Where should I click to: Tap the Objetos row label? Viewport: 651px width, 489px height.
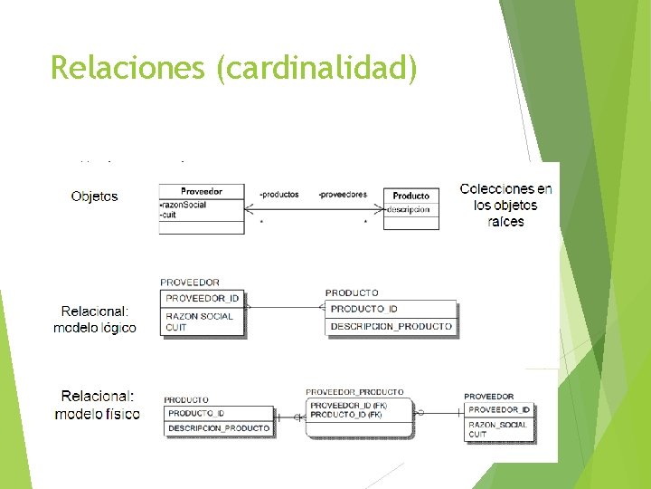tap(94, 197)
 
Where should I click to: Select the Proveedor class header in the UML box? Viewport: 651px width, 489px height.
tap(201, 191)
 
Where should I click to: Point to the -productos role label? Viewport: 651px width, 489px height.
tap(278, 195)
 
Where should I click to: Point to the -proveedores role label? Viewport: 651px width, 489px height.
tap(343, 195)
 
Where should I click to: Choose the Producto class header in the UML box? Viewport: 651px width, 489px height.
tap(411, 196)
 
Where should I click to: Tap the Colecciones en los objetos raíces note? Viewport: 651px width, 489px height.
tap(505, 205)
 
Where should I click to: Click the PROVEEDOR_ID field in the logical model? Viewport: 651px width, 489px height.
tap(202, 298)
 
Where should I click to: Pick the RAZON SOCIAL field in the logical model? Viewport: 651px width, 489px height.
tap(199, 316)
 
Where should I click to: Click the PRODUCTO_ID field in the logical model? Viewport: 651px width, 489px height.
tap(363, 309)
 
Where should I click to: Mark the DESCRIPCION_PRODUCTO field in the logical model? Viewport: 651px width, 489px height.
tap(391, 326)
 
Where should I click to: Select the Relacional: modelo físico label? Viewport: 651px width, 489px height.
tap(97, 405)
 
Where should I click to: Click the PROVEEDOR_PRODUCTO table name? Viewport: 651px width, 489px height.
tap(354, 391)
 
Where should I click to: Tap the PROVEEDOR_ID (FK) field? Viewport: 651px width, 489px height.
tap(346, 406)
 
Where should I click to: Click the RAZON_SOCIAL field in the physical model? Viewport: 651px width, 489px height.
tap(497, 425)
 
